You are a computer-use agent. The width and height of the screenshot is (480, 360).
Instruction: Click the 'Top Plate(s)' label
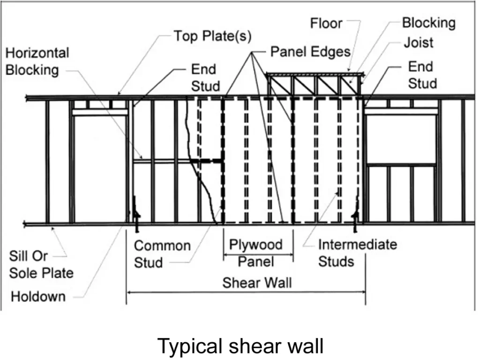(x=212, y=37)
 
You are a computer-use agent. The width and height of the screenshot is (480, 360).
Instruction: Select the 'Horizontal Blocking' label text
(x=37, y=61)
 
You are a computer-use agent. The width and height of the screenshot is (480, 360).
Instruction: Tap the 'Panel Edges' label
(x=310, y=52)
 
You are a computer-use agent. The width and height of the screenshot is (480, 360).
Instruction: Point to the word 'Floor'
(x=326, y=23)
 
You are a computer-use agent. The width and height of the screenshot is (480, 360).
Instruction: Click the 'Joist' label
(x=419, y=43)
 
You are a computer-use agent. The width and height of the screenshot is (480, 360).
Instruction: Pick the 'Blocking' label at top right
(x=428, y=23)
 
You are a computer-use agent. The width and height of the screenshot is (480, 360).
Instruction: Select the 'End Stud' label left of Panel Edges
(x=205, y=78)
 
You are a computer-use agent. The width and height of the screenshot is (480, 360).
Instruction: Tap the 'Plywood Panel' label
(x=256, y=253)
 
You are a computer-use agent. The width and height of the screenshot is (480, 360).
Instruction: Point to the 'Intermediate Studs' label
(x=357, y=253)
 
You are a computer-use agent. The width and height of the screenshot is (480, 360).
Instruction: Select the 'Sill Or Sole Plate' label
(x=41, y=264)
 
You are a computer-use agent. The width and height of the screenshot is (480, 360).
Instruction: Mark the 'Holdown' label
(x=38, y=296)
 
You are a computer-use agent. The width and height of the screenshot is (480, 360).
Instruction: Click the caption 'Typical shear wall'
(x=240, y=346)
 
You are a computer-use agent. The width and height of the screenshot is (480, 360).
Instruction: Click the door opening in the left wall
(x=100, y=169)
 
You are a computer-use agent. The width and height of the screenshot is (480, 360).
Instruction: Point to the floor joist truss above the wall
(x=315, y=85)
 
